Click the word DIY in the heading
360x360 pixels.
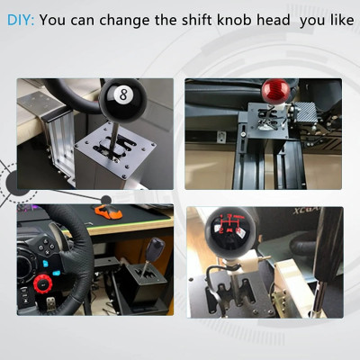[21, 20]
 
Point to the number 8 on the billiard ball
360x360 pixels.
[123, 94]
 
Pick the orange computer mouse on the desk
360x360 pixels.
[107, 211]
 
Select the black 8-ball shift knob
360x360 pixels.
[122, 101]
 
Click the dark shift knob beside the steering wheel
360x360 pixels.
[156, 249]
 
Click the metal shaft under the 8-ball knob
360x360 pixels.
[114, 139]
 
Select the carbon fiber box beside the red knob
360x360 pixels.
[306, 112]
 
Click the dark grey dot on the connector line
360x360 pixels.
[106, 200]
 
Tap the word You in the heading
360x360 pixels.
[52, 20]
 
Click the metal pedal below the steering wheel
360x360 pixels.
[51, 303]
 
